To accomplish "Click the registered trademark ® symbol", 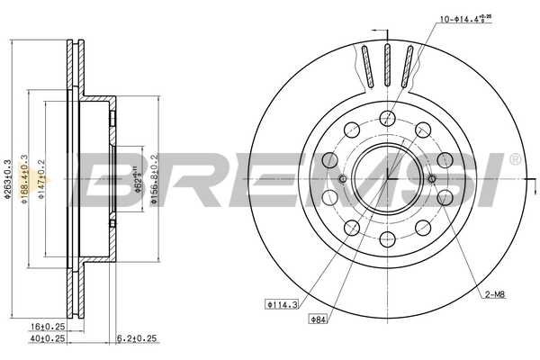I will pos(514,158).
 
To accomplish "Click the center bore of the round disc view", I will pos(387,176).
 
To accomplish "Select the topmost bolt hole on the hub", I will pos(387,116).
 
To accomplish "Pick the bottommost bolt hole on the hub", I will pos(387,238).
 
